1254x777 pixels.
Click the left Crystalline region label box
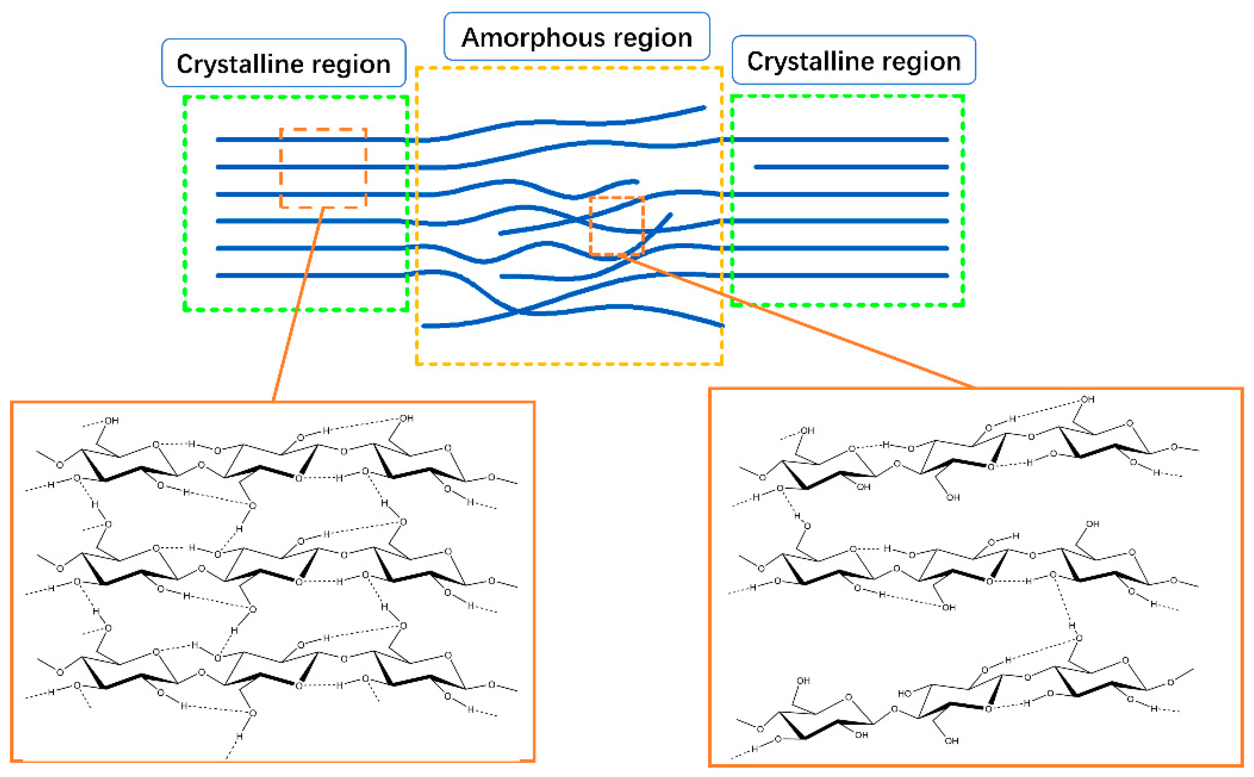[x=283, y=63]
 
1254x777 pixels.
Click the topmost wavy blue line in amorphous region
[x=565, y=122]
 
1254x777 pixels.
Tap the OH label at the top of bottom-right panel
[x=1087, y=399]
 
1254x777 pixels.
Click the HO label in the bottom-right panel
[x=904, y=693]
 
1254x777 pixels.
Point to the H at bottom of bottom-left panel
[x=239, y=736]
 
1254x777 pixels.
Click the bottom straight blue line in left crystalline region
[x=308, y=276]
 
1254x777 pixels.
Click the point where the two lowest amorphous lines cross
[x=519, y=311]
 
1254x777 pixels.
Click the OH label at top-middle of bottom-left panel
[x=407, y=418]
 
